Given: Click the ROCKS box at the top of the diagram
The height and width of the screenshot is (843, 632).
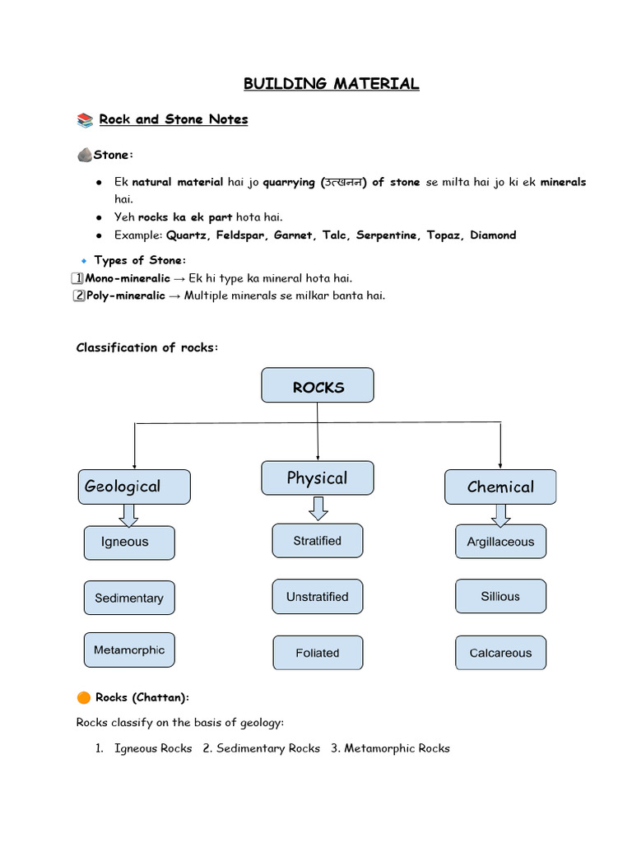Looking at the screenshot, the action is tap(317, 385).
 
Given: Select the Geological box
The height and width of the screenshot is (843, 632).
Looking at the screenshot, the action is tap(134, 487).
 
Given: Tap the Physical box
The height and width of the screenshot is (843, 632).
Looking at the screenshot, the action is tap(317, 478).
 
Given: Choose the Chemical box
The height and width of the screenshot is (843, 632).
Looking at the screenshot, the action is tap(500, 487).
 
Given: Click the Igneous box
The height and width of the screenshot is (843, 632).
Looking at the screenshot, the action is tap(129, 543).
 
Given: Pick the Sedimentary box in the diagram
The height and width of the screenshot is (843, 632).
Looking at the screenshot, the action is tap(129, 598).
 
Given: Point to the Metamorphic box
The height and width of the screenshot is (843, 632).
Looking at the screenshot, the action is tap(129, 650).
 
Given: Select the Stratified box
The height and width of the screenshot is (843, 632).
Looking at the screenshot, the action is tap(318, 540).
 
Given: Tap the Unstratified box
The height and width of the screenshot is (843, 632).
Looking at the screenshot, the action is tap(318, 596).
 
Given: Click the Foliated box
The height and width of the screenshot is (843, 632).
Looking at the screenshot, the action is tap(318, 653).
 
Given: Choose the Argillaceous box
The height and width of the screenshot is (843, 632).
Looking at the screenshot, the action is tap(501, 542).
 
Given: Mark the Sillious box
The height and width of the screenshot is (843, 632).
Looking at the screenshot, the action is tap(501, 596).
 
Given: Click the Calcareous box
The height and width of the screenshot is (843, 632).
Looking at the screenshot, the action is tap(501, 653).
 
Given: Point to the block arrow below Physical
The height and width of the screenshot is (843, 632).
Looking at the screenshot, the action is tap(318, 509).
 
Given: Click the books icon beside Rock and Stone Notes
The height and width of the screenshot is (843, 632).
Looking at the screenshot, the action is tap(85, 120).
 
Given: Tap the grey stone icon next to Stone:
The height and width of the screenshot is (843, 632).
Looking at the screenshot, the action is tap(85, 155).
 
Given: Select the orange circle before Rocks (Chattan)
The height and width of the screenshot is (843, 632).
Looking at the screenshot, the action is tap(84, 697).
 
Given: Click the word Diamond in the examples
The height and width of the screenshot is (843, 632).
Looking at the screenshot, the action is tap(493, 235).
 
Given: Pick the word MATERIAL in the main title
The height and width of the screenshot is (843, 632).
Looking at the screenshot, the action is tap(376, 84).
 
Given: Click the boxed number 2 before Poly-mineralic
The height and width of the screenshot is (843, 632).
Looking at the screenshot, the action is tap(79, 296).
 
